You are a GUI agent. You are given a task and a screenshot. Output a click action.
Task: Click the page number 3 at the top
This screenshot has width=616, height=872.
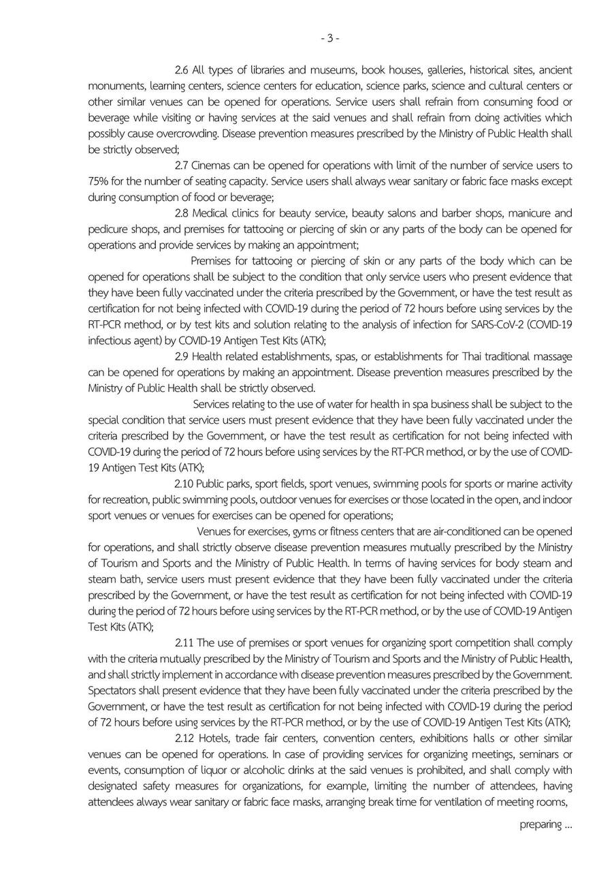[329, 38]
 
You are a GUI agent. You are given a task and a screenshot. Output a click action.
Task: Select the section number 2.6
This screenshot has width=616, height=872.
[182, 70]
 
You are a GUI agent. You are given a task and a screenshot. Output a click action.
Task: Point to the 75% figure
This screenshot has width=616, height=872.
[98, 182]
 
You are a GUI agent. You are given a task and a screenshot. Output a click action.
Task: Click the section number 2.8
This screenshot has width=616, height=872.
[182, 213]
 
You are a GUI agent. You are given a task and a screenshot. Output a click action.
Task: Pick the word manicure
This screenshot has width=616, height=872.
[531, 213]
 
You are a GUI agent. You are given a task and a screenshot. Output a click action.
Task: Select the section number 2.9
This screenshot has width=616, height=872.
[182, 357]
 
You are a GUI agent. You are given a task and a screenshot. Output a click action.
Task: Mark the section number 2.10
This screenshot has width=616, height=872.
[185, 484]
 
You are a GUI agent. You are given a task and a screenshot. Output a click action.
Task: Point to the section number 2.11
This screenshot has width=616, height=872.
[184, 643]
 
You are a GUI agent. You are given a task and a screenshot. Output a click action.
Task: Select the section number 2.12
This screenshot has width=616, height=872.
[184, 739]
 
